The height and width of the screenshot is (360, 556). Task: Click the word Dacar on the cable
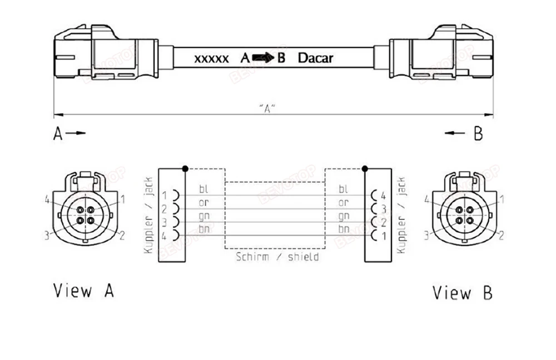315,58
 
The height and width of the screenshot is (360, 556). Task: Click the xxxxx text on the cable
211,59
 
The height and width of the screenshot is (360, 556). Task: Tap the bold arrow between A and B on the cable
264,57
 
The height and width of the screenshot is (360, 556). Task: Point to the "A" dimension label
267,108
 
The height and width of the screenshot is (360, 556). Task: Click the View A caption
84,291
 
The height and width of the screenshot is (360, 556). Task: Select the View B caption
463,293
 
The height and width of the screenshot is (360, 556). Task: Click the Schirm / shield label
277,256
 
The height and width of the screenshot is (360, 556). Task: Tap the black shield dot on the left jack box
185,169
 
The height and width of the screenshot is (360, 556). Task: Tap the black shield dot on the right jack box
365,169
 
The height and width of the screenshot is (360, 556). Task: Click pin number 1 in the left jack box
165,195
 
